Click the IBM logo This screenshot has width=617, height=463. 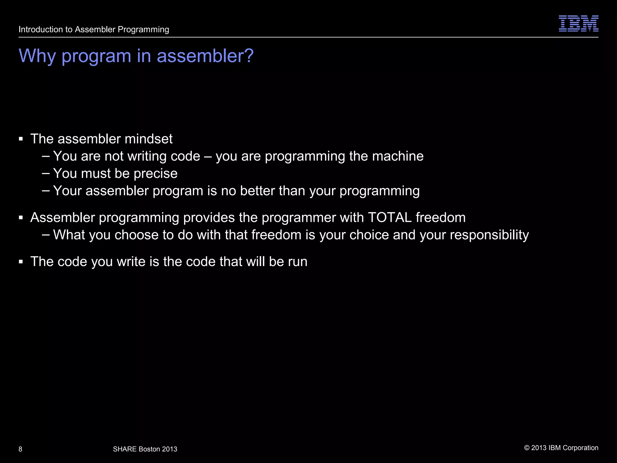click(578, 24)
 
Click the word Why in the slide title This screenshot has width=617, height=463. click(37, 56)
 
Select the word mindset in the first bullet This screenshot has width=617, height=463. click(149, 139)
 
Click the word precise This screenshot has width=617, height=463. click(155, 174)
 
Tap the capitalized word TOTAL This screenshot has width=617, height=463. click(390, 218)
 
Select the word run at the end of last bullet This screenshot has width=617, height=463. click(297, 262)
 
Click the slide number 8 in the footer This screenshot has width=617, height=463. click(20, 449)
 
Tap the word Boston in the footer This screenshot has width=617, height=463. click(149, 449)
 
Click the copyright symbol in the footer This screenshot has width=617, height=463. click(527, 448)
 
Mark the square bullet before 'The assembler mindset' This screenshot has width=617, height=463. click(21, 139)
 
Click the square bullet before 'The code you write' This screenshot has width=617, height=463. click(21, 262)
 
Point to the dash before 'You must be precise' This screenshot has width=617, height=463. click(46, 174)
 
